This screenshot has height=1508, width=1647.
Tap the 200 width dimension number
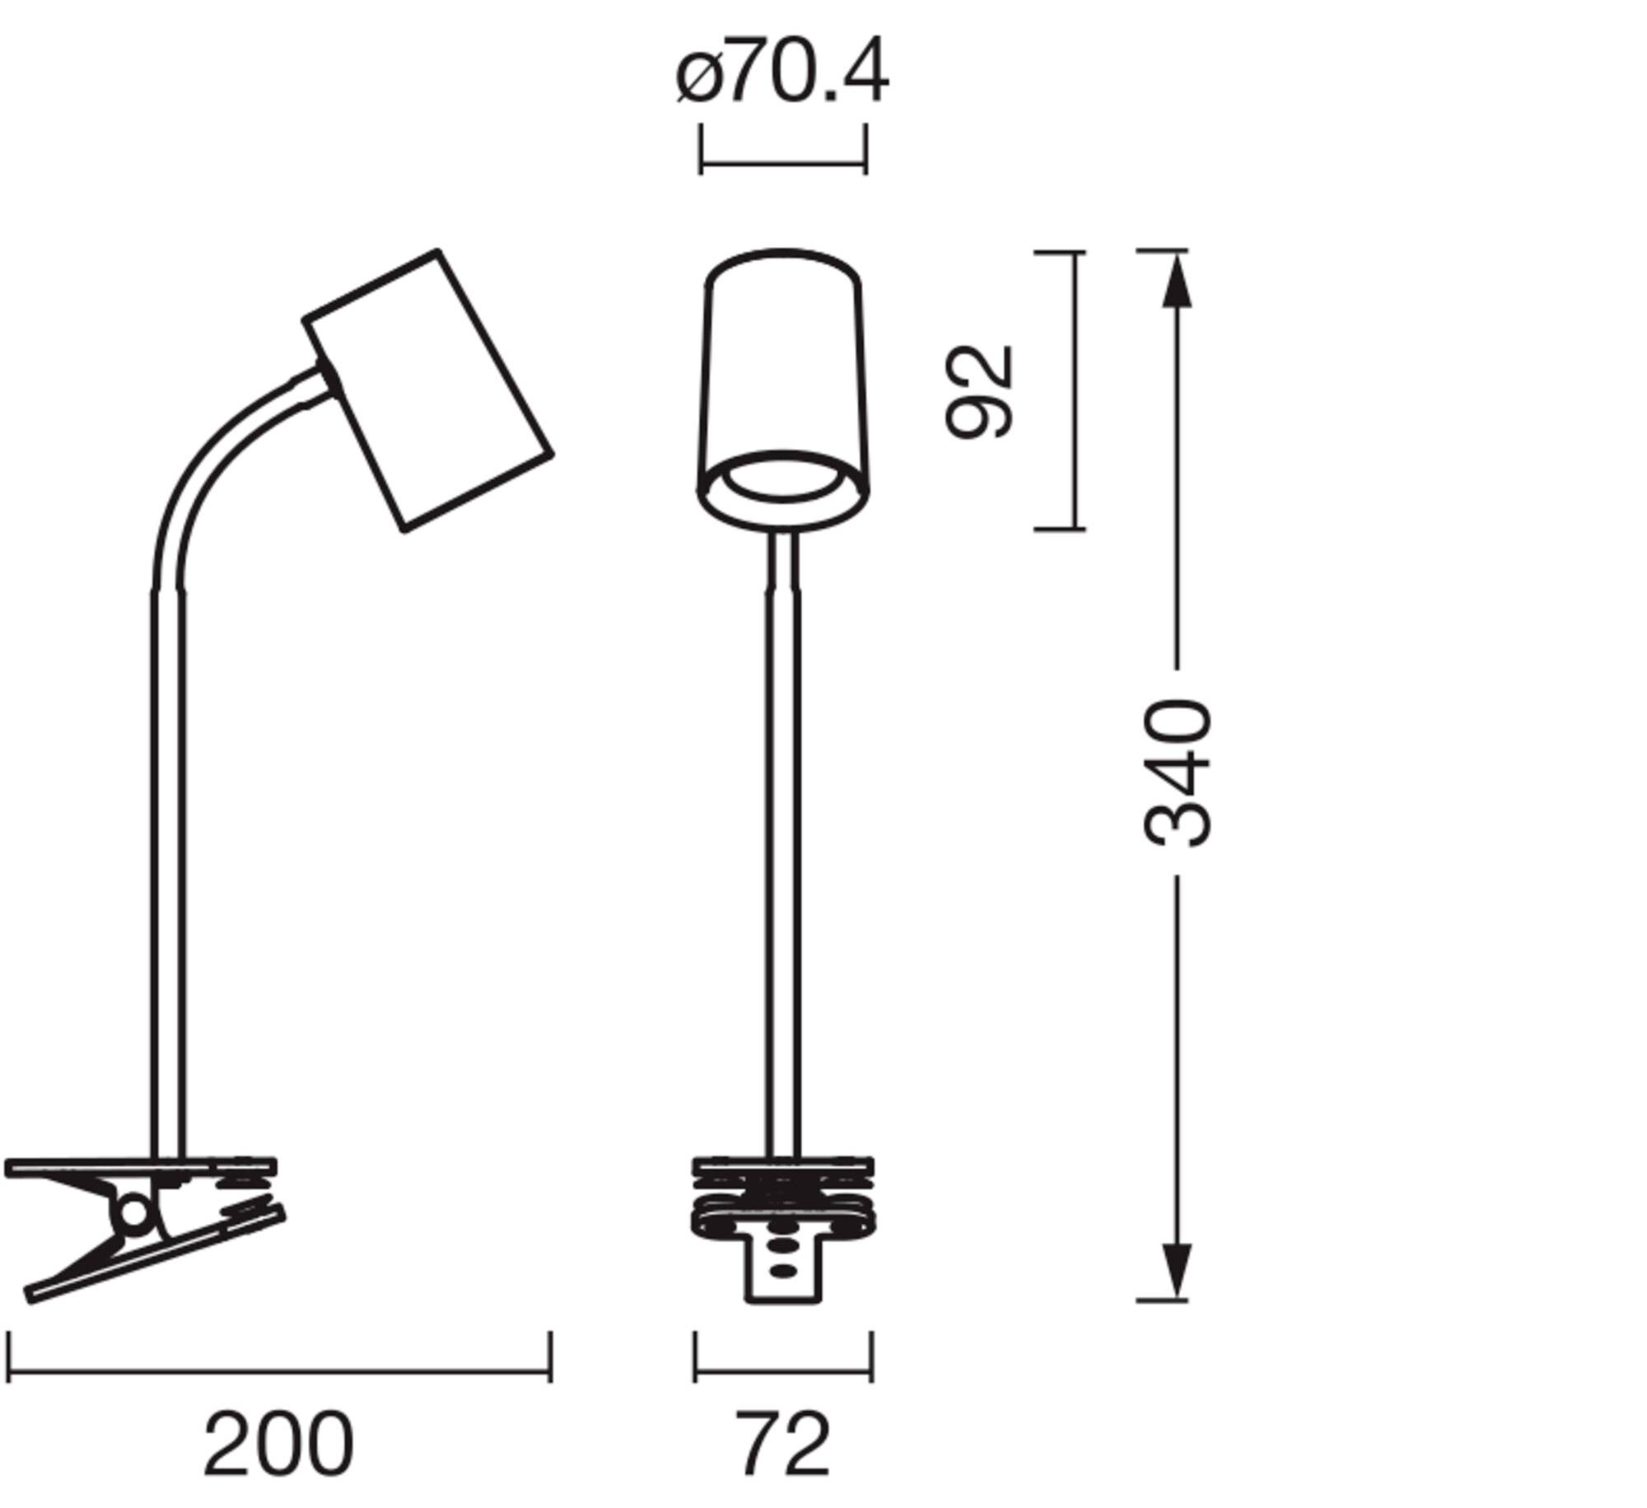pyautogui.click(x=278, y=1444)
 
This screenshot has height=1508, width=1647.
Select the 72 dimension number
pyautogui.click(x=782, y=1444)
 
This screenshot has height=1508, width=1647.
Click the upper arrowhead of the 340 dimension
pyautogui.click(x=1177, y=280)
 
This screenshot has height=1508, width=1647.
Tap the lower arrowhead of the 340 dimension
pyautogui.click(x=1177, y=1269)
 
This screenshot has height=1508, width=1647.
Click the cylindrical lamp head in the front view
pyautogui.click(x=782, y=371)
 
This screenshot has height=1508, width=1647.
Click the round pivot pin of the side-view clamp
pyautogui.click(x=133, y=1213)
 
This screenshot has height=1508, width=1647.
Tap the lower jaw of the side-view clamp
pyautogui.click(x=156, y=1256)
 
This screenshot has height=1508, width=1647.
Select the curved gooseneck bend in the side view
pyautogui.click(x=214, y=461)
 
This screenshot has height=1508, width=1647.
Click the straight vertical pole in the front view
pyautogui.click(x=782, y=865)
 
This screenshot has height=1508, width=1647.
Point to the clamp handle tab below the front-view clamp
pyautogui.click(x=782, y=1272)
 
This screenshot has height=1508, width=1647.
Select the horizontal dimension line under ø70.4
pyautogui.click(x=782, y=162)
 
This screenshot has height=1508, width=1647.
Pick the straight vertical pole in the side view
pyautogui.click(x=169, y=865)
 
